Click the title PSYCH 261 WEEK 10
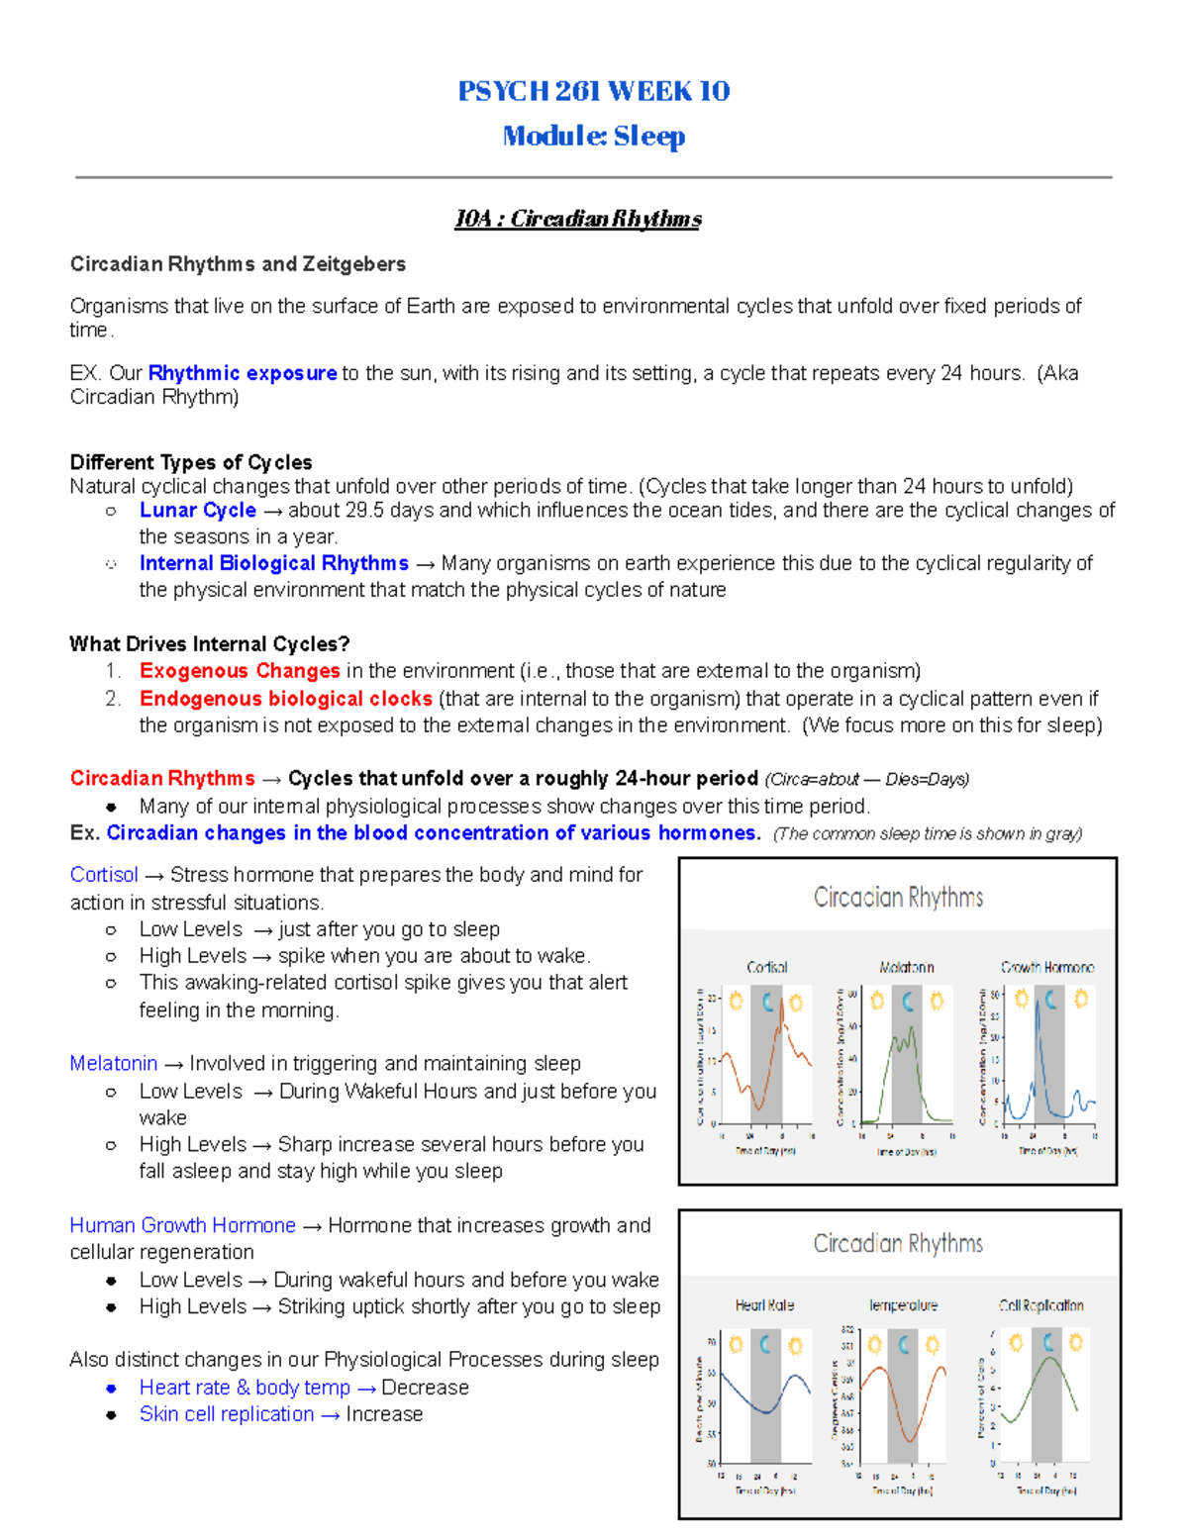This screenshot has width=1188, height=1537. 593,91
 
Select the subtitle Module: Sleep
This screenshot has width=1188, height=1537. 593,136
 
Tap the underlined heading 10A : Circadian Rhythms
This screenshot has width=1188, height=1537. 577,219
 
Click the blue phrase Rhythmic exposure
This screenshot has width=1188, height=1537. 243,373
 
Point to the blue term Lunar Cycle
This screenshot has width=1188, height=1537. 198,511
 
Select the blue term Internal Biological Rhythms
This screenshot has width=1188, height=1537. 274,563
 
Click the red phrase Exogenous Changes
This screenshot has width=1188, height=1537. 240,671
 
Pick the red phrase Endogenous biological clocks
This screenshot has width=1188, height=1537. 286,699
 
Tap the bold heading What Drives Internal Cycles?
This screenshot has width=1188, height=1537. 210,644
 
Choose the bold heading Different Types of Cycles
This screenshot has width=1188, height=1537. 191,462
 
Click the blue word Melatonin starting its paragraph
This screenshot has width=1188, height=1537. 114,1064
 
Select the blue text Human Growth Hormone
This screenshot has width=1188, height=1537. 183,1225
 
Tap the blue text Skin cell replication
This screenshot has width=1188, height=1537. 227,1414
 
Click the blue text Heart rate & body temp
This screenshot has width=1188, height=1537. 245,1388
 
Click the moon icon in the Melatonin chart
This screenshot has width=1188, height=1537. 907,1002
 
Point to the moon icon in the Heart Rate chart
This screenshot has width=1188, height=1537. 765,1344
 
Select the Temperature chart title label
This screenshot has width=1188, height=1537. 903,1305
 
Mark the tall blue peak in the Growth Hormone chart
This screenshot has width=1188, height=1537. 1038,1009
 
